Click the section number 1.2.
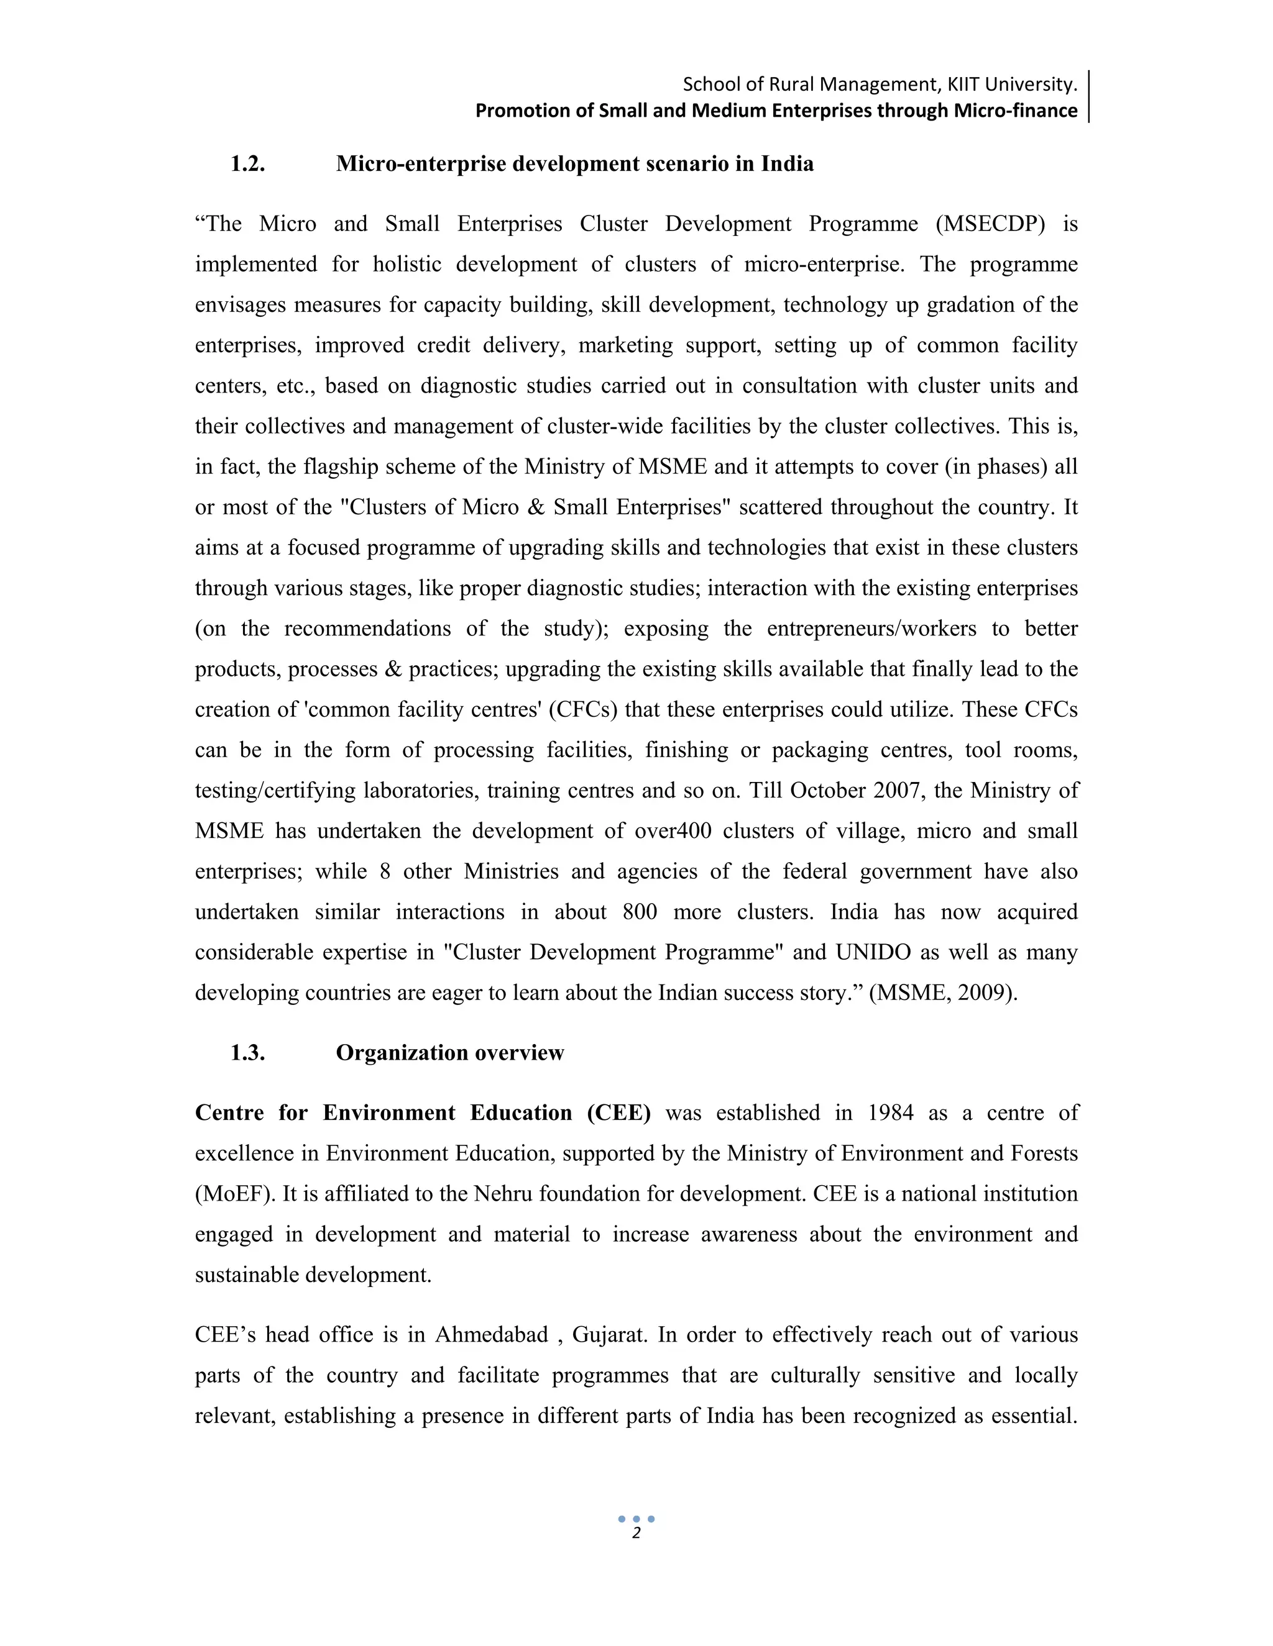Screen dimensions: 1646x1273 pyautogui.click(x=247, y=165)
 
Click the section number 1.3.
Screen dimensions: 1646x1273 pyautogui.click(x=247, y=1053)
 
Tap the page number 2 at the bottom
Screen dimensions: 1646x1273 pyautogui.click(x=636, y=1532)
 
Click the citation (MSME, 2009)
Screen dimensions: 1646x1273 pyautogui.click(x=943, y=993)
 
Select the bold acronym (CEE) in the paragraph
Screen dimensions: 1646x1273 pyautogui.click(x=618, y=1114)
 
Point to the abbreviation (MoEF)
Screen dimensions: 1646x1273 pyautogui.click(x=236, y=1194)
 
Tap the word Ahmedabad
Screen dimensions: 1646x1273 pyautogui.click(x=491, y=1335)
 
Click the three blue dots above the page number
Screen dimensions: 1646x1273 pyautogui.click(x=636, y=1519)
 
